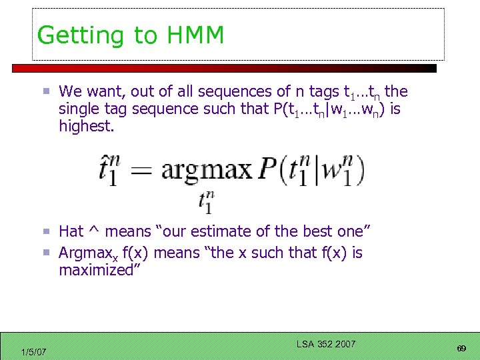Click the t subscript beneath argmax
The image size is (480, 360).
point(206,202)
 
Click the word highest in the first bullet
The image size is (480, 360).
point(86,126)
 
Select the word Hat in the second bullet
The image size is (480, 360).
point(71,231)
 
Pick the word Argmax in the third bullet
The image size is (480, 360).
point(85,253)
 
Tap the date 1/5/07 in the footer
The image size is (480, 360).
point(33,351)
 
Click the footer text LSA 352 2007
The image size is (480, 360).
point(326,344)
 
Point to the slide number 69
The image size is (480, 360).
point(460,349)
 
